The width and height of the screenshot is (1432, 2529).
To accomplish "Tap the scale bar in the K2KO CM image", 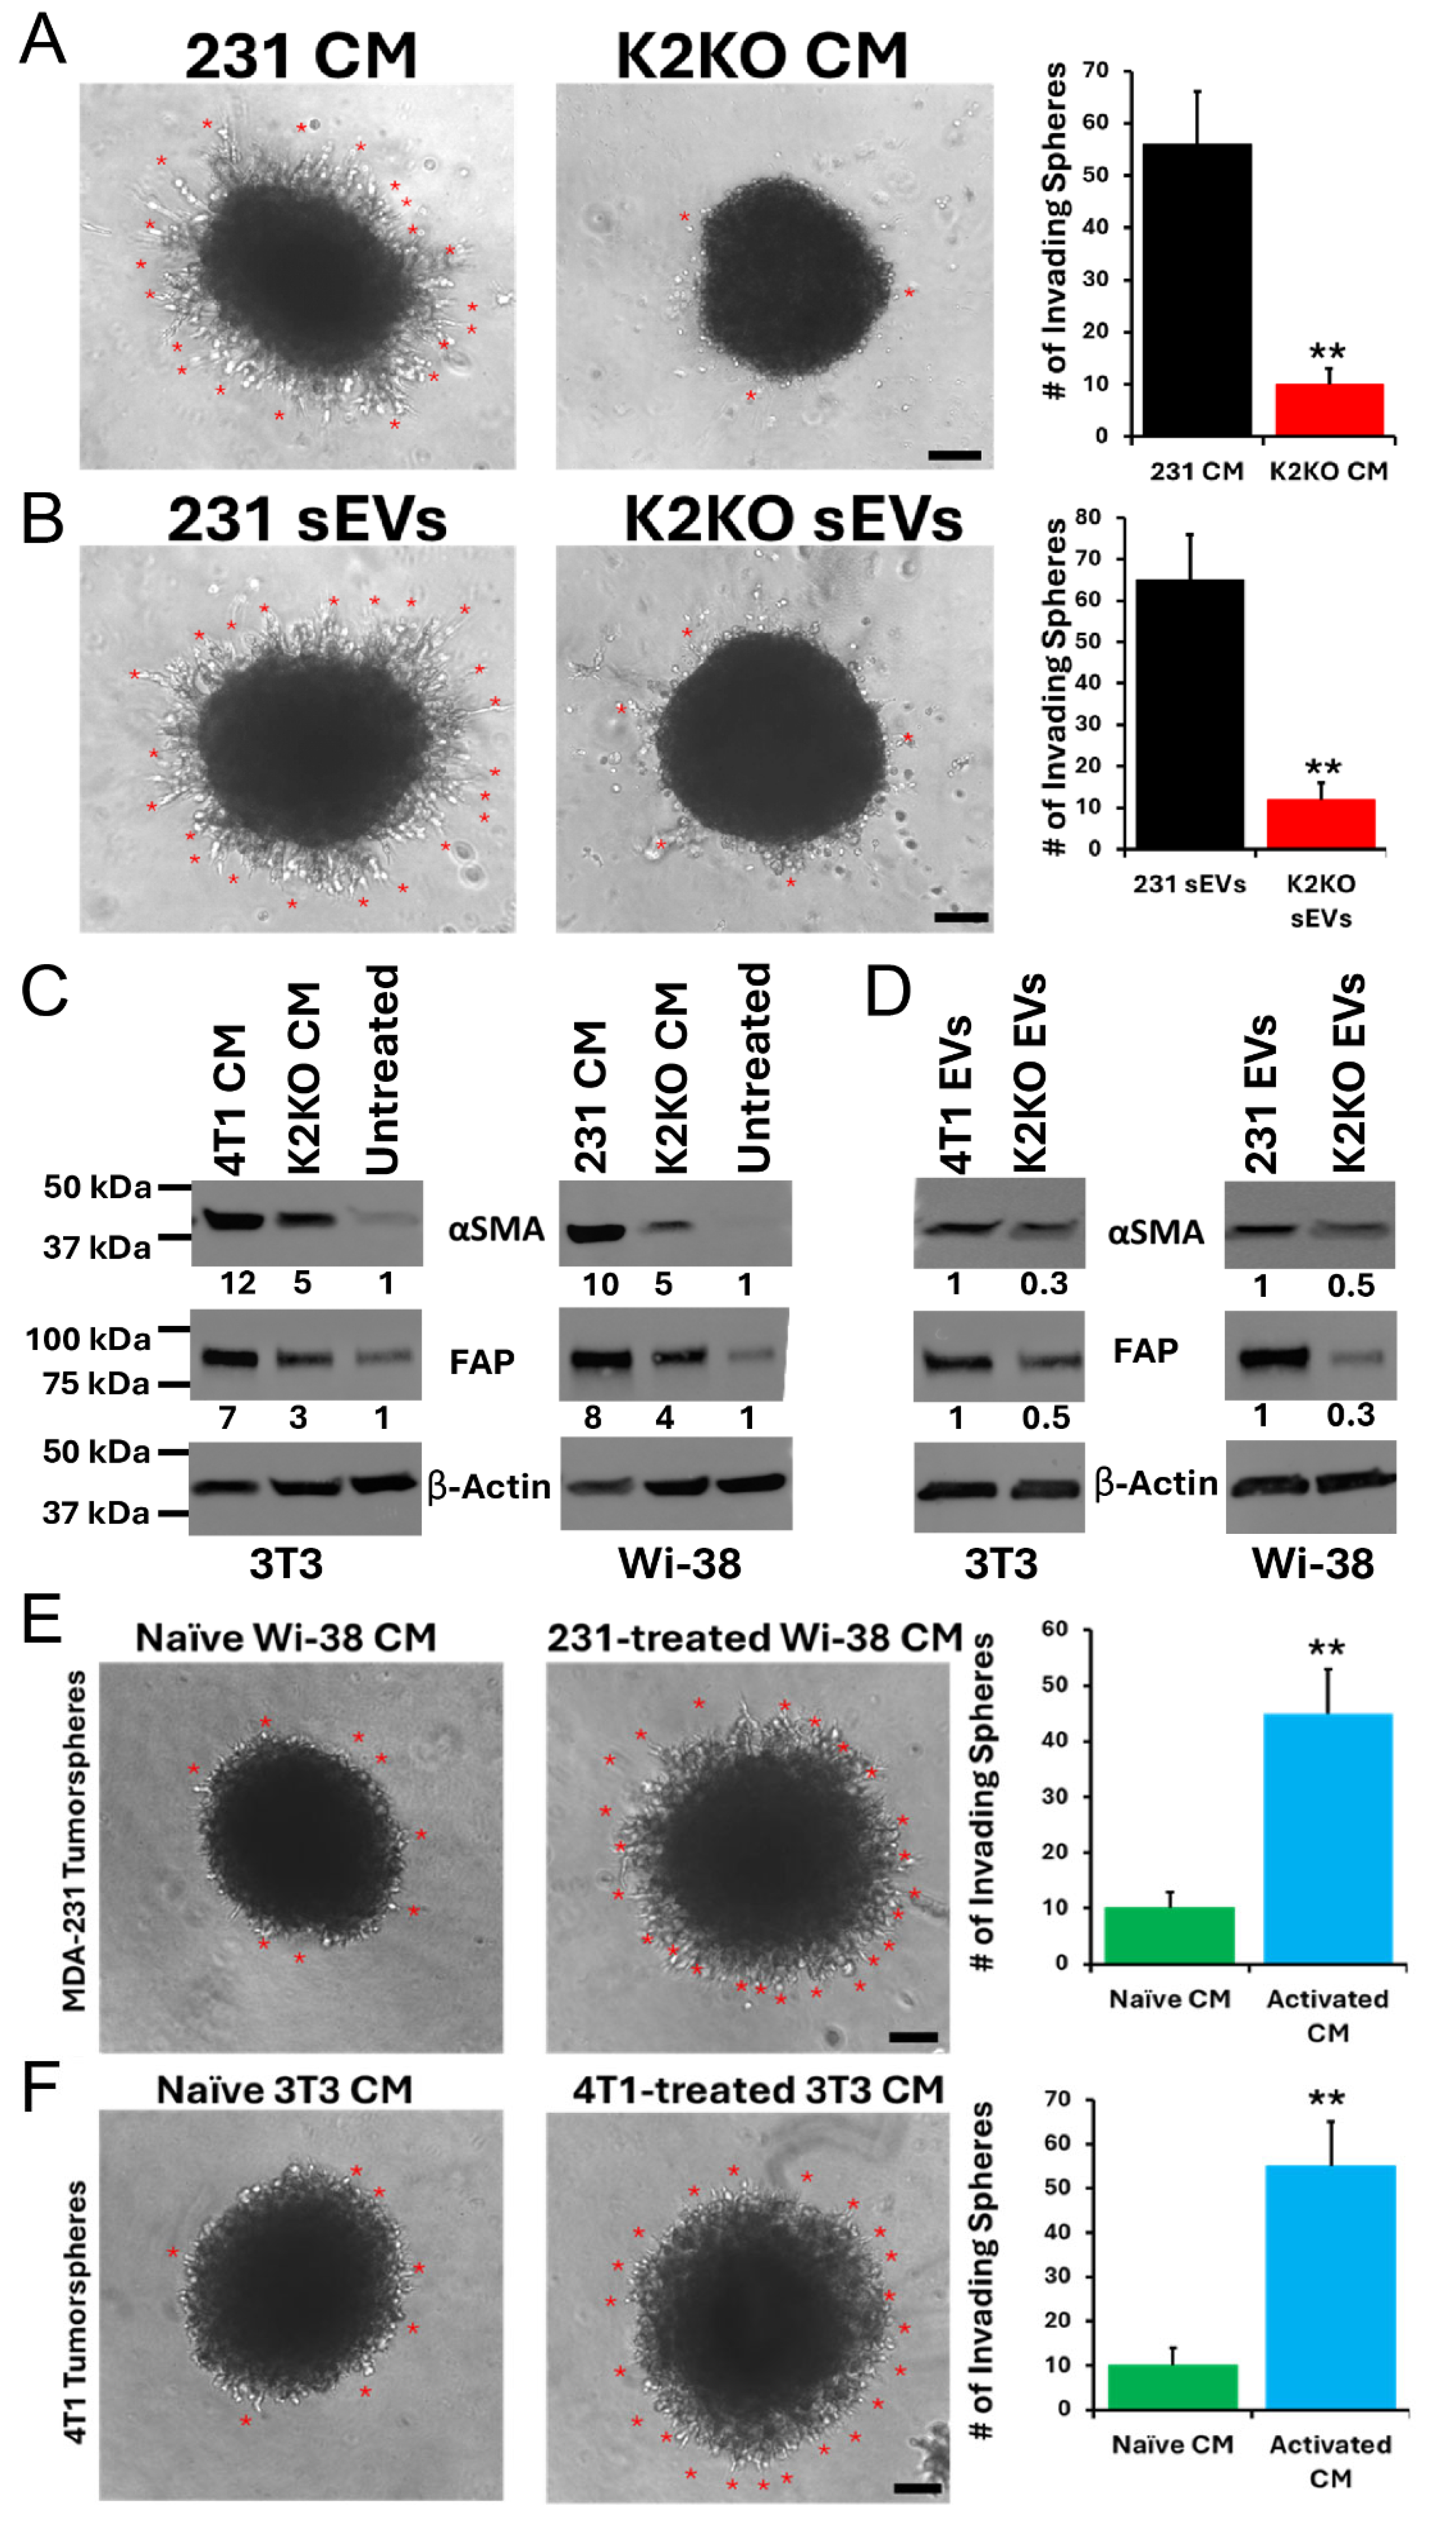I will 954,455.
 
